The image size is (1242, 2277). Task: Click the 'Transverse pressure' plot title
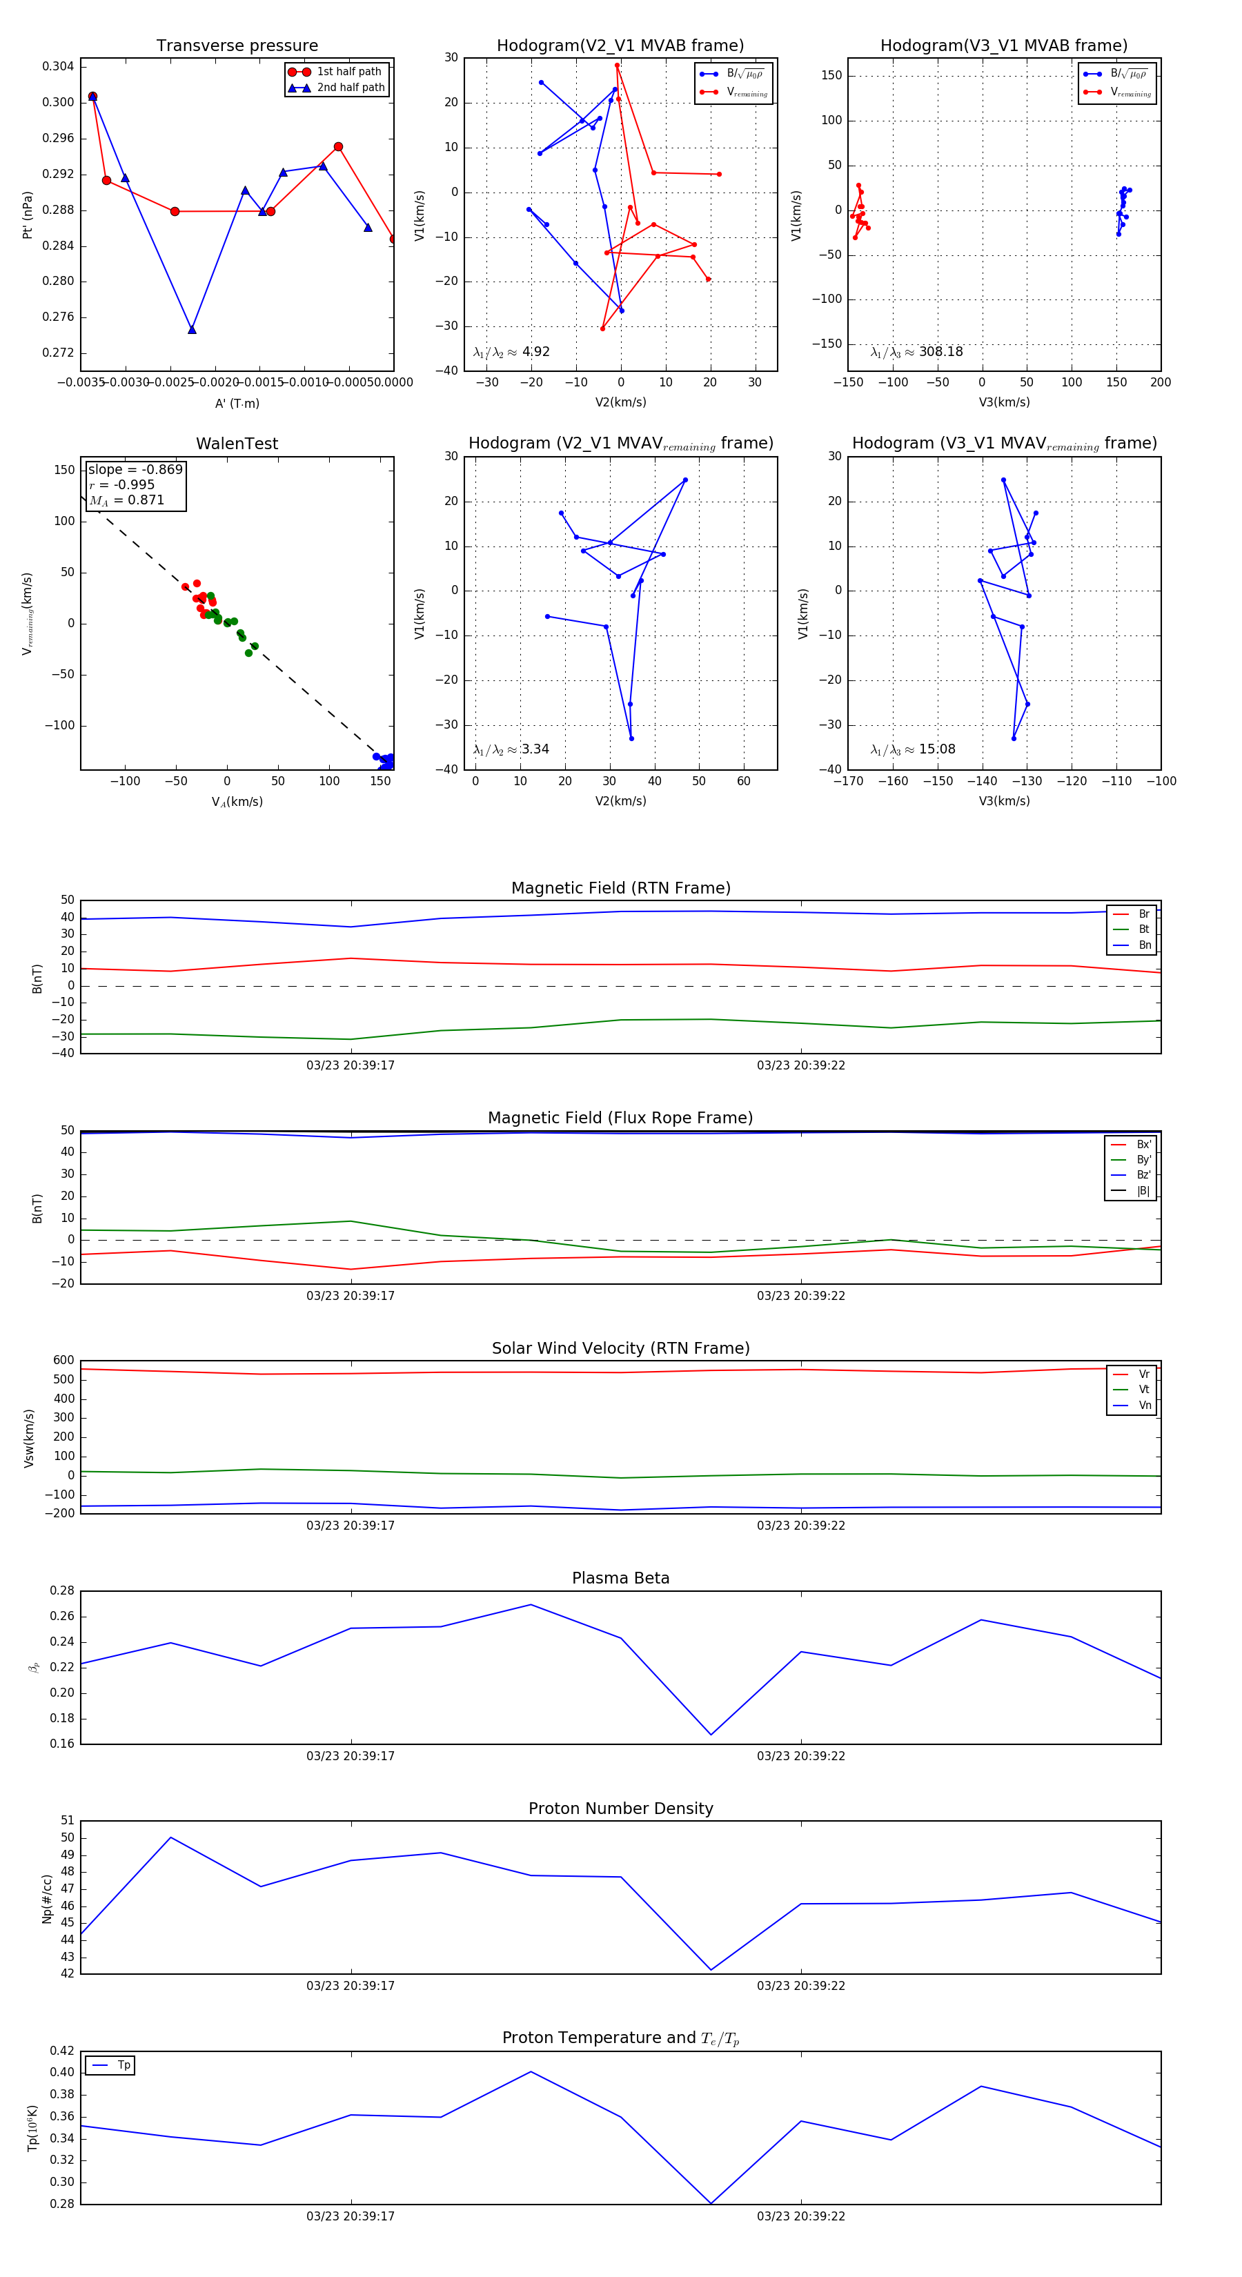click(x=237, y=46)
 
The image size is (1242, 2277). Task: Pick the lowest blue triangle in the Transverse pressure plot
click(x=192, y=330)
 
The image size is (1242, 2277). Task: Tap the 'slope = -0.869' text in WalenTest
click(x=135, y=469)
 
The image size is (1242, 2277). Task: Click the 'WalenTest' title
click(x=237, y=444)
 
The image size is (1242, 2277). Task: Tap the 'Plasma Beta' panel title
click(x=620, y=1579)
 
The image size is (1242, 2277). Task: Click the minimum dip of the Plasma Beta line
click(x=711, y=1734)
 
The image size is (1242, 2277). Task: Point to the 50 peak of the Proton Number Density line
click(x=170, y=1837)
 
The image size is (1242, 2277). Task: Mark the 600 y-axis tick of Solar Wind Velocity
click(x=63, y=1361)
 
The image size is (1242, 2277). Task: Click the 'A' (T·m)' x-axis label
click(x=237, y=404)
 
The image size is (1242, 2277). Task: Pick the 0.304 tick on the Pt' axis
click(x=59, y=66)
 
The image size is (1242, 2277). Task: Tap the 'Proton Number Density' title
click(x=620, y=1808)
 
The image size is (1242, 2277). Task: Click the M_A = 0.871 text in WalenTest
click(x=126, y=500)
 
